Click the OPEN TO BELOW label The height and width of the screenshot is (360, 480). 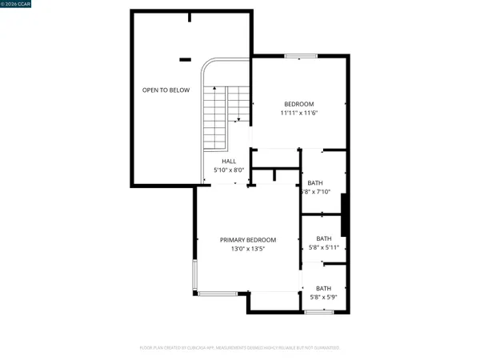tap(166, 90)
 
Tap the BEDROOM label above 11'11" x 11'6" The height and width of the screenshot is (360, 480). tap(300, 104)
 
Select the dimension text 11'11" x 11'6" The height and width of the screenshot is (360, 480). tap(300, 114)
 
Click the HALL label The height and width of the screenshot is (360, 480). tap(218, 161)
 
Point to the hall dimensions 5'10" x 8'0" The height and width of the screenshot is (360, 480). tap(218, 170)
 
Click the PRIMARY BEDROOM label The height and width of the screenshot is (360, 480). tap(248, 240)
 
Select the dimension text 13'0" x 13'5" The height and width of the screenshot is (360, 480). tap(248, 249)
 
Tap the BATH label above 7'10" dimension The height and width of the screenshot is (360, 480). tap(315, 182)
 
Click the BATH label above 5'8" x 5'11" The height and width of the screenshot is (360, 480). tap(324, 238)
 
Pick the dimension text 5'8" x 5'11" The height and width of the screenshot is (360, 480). tap(324, 247)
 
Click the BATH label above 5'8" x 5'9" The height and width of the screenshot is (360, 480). tap(323, 288)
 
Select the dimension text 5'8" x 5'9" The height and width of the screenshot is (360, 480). tap(323, 298)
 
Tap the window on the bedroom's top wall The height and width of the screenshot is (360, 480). tap(299, 55)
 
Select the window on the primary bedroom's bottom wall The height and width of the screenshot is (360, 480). tap(218, 294)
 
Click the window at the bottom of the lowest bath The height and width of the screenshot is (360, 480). tap(319, 311)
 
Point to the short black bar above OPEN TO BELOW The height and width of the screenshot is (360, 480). tap(186, 58)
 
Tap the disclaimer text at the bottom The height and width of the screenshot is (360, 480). tap(240, 348)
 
